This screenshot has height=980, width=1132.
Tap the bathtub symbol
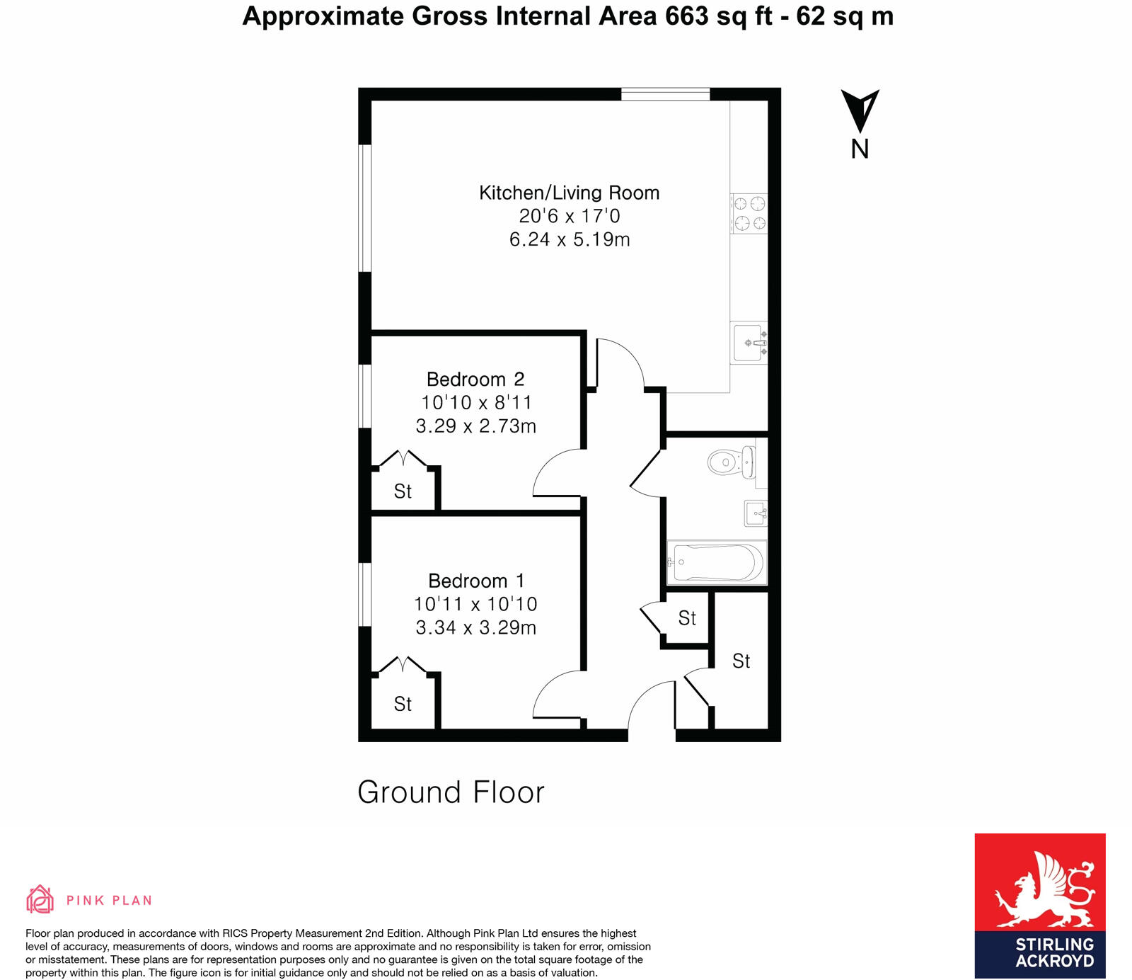point(717,563)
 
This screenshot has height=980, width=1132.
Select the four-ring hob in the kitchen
point(749,214)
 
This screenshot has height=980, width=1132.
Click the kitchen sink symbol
point(749,343)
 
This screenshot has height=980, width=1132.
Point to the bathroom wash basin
point(756,513)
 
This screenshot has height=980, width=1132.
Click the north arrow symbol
point(860,112)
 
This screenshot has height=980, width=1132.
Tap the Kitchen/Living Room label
point(569,193)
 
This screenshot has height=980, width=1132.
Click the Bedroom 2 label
point(475,379)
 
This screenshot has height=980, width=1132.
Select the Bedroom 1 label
point(476,581)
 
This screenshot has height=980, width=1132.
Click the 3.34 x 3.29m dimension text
point(476,627)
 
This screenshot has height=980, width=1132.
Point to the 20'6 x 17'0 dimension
point(569,216)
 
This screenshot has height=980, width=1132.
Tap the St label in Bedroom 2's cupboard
point(403,491)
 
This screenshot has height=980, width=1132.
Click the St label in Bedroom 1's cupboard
point(403,704)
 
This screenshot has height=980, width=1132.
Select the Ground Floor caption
point(451,792)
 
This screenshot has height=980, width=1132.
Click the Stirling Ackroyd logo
point(1039,906)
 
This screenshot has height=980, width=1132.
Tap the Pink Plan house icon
point(40,899)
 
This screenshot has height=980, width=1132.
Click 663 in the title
point(686,16)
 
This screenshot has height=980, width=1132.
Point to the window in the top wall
point(665,94)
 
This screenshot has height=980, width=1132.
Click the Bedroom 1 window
point(365,594)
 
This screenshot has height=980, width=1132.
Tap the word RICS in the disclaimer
point(235,933)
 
